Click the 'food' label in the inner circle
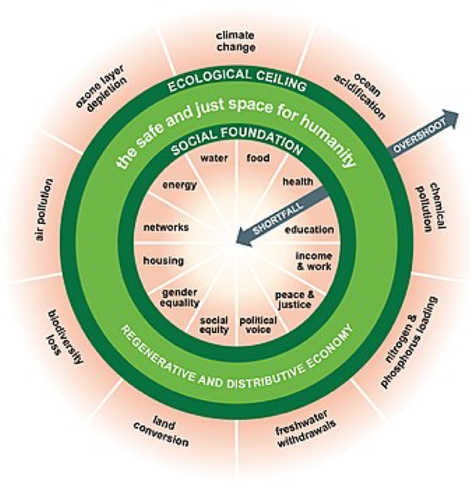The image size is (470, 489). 257,157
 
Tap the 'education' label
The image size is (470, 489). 309,230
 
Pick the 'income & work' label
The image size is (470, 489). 313,261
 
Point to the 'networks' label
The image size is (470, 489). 166,227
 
